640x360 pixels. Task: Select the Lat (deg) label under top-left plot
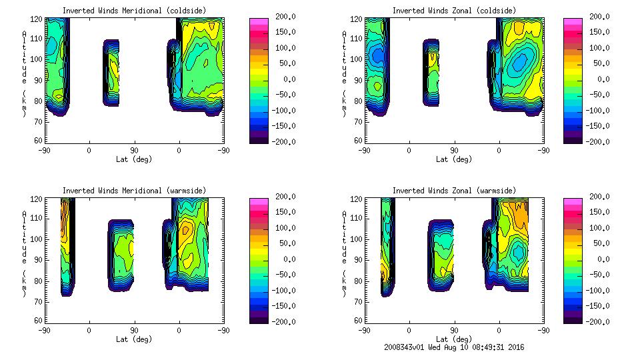[x=134, y=159]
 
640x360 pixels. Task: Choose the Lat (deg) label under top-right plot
[x=455, y=159]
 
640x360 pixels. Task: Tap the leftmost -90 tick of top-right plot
[x=365, y=150]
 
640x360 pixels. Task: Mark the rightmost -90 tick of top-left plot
[x=223, y=150]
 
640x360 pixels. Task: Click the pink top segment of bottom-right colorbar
[x=572, y=201]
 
